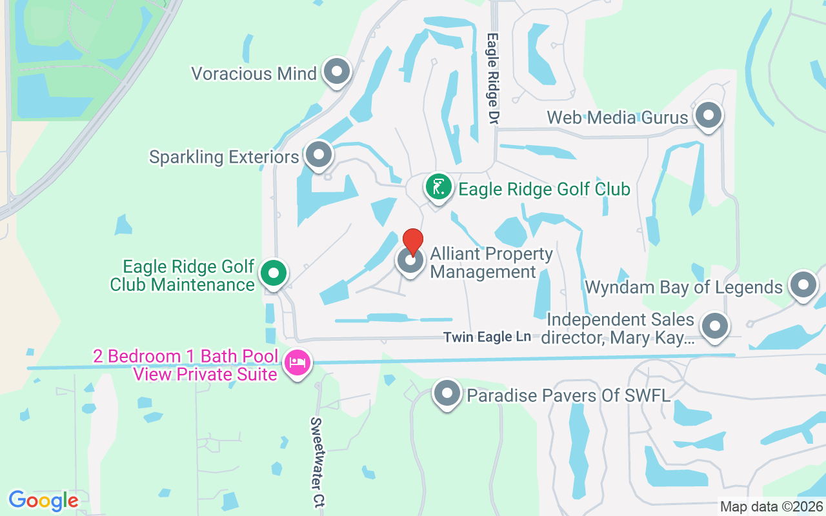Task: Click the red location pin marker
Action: pyautogui.click(x=412, y=242)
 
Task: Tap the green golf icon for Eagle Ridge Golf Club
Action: pyautogui.click(x=439, y=188)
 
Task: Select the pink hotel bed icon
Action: pyautogui.click(x=297, y=363)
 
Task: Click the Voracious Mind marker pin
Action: pyautogui.click(x=336, y=72)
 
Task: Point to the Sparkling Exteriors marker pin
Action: pyautogui.click(x=318, y=155)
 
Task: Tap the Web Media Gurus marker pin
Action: pyautogui.click(x=709, y=116)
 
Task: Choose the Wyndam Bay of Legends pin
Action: pyautogui.click(x=803, y=285)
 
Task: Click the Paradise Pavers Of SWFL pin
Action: pyautogui.click(x=447, y=393)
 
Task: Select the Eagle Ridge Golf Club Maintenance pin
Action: pyautogui.click(x=274, y=273)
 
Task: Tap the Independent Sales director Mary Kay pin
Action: pyautogui.click(x=714, y=326)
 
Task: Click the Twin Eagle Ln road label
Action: pyautogui.click(x=487, y=337)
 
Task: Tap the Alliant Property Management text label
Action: pyautogui.click(x=491, y=263)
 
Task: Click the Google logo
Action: pyautogui.click(x=43, y=501)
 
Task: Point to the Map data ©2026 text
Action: pyautogui.click(x=771, y=507)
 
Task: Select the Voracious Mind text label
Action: pyautogui.click(x=254, y=74)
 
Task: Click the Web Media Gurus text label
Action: pyautogui.click(x=618, y=117)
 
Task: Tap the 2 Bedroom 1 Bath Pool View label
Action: pyautogui.click(x=186, y=365)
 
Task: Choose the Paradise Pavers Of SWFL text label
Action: pyautogui.click(x=569, y=395)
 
